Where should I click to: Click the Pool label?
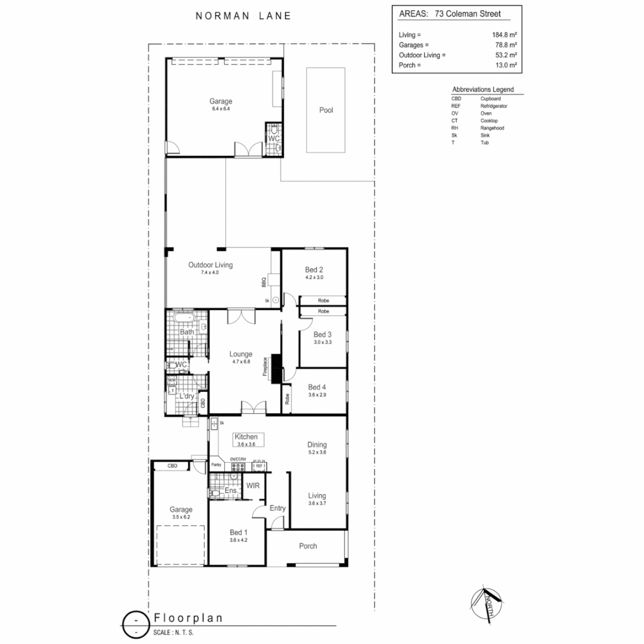326,110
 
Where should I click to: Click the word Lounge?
241,354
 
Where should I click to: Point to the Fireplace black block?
277,368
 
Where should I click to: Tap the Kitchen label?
246,437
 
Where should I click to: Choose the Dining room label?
317,444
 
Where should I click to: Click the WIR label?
253,486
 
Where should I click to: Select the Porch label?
308,546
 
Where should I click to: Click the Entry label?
277,508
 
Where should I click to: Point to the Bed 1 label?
239,532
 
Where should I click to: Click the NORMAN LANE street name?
243,16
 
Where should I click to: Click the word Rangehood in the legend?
492,128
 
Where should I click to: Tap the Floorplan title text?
188,618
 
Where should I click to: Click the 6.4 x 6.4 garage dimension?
220,109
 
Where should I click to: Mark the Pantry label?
216,465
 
